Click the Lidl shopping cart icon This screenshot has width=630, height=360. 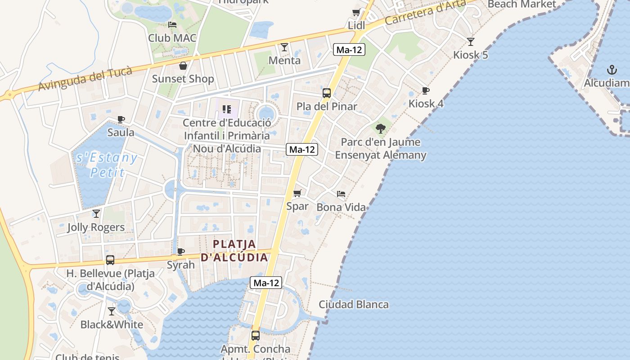click(x=356, y=13)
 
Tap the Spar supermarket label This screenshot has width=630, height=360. click(x=297, y=206)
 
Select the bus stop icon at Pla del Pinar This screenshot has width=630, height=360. click(x=327, y=93)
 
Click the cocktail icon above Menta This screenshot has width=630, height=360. click(x=284, y=47)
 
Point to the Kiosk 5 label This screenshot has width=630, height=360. click(x=470, y=55)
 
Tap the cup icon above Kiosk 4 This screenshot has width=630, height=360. click(x=425, y=90)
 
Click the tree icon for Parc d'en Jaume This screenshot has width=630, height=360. click(x=381, y=129)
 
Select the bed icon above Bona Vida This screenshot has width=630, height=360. click(x=341, y=194)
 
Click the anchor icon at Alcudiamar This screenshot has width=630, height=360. click(x=612, y=70)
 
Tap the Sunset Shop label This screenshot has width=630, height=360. click(x=183, y=79)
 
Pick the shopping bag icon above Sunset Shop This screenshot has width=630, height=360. click(x=183, y=66)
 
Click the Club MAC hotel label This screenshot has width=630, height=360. click(x=172, y=38)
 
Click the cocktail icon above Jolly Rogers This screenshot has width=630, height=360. click(x=96, y=214)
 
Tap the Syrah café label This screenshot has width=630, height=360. click(x=181, y=265)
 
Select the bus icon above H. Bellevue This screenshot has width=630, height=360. click(x=110, y=260)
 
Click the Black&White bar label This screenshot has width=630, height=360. click(x=112, y=324)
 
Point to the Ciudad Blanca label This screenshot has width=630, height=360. click(x=354, y=304)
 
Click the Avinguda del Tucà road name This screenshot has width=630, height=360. click(x=85, y=78)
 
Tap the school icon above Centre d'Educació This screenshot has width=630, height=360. click(x=227, y=109)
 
